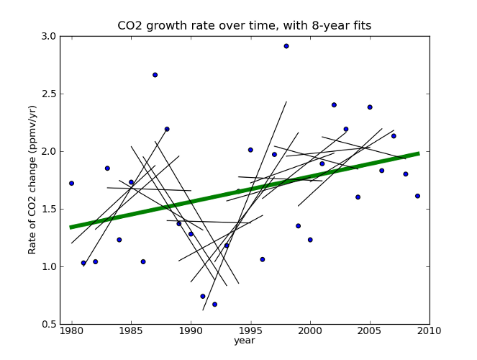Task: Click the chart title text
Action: (x=245, y=26)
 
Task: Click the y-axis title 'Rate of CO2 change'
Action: (x=32, y=179)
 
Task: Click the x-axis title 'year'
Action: (x=244, y=341)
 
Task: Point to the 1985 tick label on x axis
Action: (x=131, y=331)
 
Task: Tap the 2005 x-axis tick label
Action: (x=370, y=331)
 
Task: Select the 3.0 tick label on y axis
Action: (x=48, y=36)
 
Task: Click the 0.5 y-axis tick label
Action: (x=48, y=324)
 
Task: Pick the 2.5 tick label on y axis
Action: (x=48, y=94)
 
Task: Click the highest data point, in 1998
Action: (x=286, y=46)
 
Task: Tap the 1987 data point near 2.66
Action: (x=155, y=75)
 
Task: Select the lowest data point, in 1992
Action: (x=214, y=305)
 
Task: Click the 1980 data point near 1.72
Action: (x=71, y=184)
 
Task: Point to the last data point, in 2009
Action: (x=417, y=196)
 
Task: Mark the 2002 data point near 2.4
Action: (x=334, y=105)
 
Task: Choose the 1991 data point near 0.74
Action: (x=203, y=297)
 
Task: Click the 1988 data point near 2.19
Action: (x=167, y=130)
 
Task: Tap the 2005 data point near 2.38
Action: (x=370, y=107)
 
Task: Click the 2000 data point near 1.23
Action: (x=310, y=240)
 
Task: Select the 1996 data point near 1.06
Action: (x=263, y=259)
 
